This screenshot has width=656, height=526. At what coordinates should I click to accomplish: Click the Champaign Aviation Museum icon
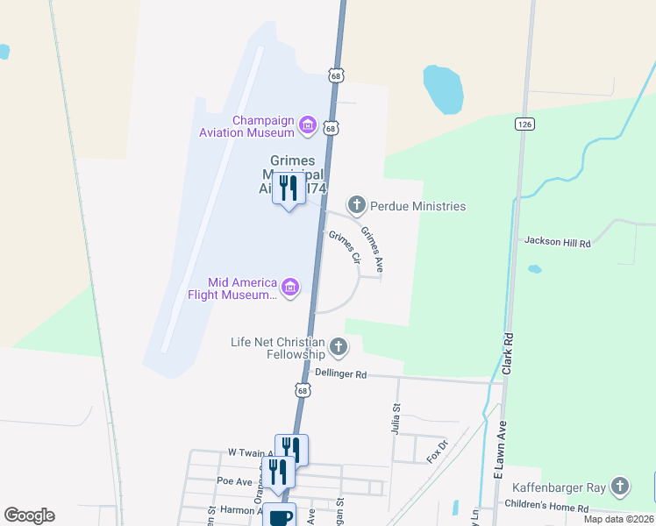(x=308, y=126)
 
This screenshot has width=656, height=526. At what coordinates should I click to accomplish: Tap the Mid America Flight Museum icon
(x=290, y=287)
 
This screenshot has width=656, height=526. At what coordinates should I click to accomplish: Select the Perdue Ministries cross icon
(x=356, y=206)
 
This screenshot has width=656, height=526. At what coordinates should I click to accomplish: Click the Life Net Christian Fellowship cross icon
(x=339, y=348)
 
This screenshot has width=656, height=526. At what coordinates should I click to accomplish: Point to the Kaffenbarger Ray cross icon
(x=620, y=485)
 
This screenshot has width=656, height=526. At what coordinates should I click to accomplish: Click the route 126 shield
(x=524, y=125)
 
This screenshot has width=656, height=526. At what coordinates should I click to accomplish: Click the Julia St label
(x=396, y=416)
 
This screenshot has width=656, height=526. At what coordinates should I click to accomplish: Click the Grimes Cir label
(x=345, y=246)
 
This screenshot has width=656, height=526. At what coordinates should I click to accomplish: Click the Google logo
(x=29, y=515)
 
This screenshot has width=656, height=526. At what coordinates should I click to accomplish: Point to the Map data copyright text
(x=619, y=519)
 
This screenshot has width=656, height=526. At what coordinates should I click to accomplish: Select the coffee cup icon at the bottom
(x=280, y=516)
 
